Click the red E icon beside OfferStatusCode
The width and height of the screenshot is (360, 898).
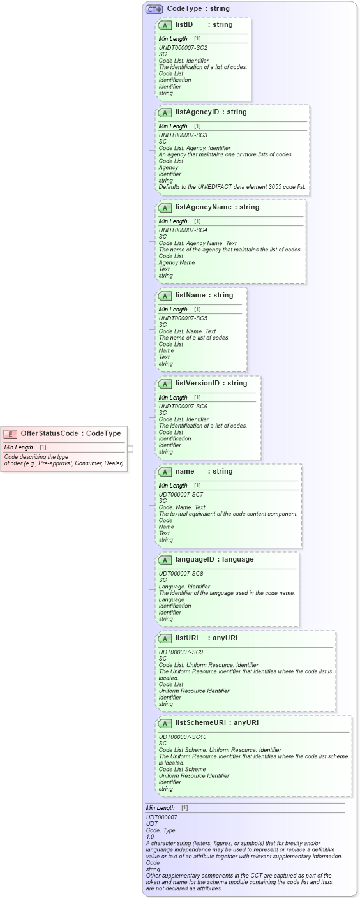click(10, 434)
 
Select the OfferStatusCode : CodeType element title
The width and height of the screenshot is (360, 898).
click(70, 434)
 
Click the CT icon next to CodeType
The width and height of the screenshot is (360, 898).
click(154, 9)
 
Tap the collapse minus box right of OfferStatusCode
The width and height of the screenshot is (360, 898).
click(130, 449)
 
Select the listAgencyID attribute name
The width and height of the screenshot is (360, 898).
click(197, 112)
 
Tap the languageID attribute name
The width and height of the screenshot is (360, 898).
click(195, 560)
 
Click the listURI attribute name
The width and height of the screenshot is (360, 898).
click(186, 638)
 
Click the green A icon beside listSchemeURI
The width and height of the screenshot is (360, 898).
click(165, 723)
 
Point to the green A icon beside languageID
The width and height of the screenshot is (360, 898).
click(165, 560)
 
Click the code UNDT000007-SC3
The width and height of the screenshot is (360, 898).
click(183, 135)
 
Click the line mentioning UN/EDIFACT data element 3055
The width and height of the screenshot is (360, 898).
click(232, 187)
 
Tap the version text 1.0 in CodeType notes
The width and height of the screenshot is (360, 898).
click(150, 837)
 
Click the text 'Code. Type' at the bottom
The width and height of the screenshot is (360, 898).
click(160, 830)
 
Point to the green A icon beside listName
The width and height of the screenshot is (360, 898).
click(165, 296)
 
